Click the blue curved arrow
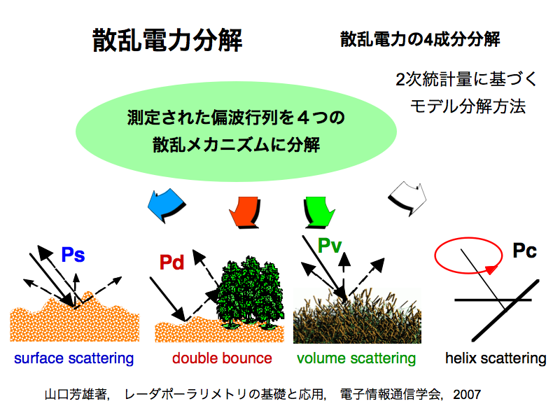click(167, 205)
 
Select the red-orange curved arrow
click(245, 212)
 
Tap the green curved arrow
click(319, 212)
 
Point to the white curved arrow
click(408, 197)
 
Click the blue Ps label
click(73, 255)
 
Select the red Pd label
click(171, 262)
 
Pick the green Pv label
click(330, 246)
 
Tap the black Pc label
click(524, 251)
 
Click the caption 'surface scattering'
click(74, 358)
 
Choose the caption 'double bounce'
click(222, 358)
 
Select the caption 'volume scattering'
click(356, 358)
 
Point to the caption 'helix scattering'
click(496, 358)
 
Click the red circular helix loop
click(468, 238)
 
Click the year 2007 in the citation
click(467, 394)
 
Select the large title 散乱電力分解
click(167, 40)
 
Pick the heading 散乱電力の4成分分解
click(420, 39)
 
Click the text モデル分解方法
click(468, 106)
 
